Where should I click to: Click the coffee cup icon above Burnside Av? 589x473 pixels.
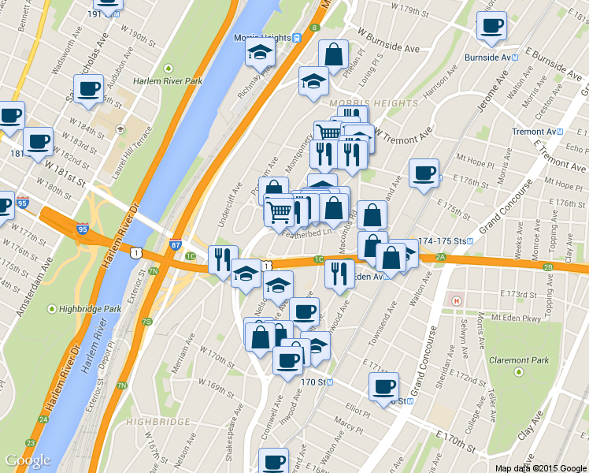coord(491,24)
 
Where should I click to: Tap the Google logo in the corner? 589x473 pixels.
coord(28,460)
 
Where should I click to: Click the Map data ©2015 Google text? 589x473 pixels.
coord(540,467)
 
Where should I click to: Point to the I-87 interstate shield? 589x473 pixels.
coord(175,247)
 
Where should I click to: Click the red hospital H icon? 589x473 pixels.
coord(454,300)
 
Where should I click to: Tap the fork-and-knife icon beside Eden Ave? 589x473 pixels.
coord(339,274)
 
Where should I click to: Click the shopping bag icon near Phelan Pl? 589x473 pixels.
coord(333,54)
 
